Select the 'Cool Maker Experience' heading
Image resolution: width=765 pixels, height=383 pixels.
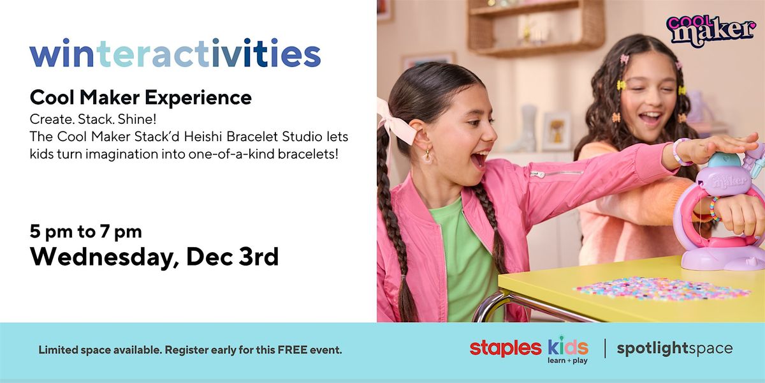(x=140, y=98)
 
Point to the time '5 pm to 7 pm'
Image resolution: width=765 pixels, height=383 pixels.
(x=85, y=230)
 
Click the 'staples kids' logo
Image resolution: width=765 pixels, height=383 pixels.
(x=528, y=349)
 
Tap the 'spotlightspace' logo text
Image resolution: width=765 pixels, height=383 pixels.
(x=674, y=349)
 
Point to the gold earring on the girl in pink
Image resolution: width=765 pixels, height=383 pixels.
(x=422, y=153)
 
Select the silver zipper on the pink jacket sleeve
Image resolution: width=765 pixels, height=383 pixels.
(x=555, y=173)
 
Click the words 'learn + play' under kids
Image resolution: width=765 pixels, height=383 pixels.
(x=567, y=361)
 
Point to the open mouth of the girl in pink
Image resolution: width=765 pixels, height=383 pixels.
(x=477, y=158)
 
